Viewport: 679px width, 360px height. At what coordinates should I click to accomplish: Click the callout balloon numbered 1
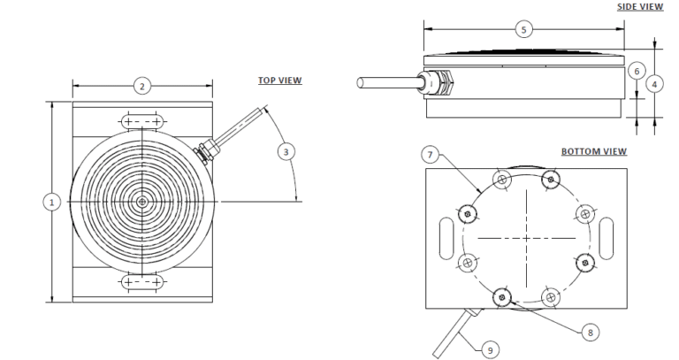tap(52, 203)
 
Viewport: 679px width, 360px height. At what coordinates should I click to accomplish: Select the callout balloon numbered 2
tap(141, 86)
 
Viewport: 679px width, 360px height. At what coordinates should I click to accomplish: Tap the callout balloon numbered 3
tap(286, 151)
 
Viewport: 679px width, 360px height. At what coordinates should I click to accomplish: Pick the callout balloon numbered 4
tap(654, 84)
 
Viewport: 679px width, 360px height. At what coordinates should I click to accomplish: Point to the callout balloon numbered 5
tap(524, 29)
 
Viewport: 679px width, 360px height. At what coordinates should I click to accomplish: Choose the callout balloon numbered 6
tap(634, 70)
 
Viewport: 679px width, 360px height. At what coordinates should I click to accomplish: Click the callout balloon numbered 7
tap(430, 155)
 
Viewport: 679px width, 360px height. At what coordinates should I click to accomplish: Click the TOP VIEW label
tap(279, 80)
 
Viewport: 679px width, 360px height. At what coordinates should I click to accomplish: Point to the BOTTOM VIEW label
tap(594, 151)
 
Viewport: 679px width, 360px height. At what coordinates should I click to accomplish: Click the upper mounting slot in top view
tap(141, 121)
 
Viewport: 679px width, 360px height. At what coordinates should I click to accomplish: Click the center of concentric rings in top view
tap(141, 203)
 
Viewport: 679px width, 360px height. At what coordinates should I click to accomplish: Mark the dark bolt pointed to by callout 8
tap(502, 297)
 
